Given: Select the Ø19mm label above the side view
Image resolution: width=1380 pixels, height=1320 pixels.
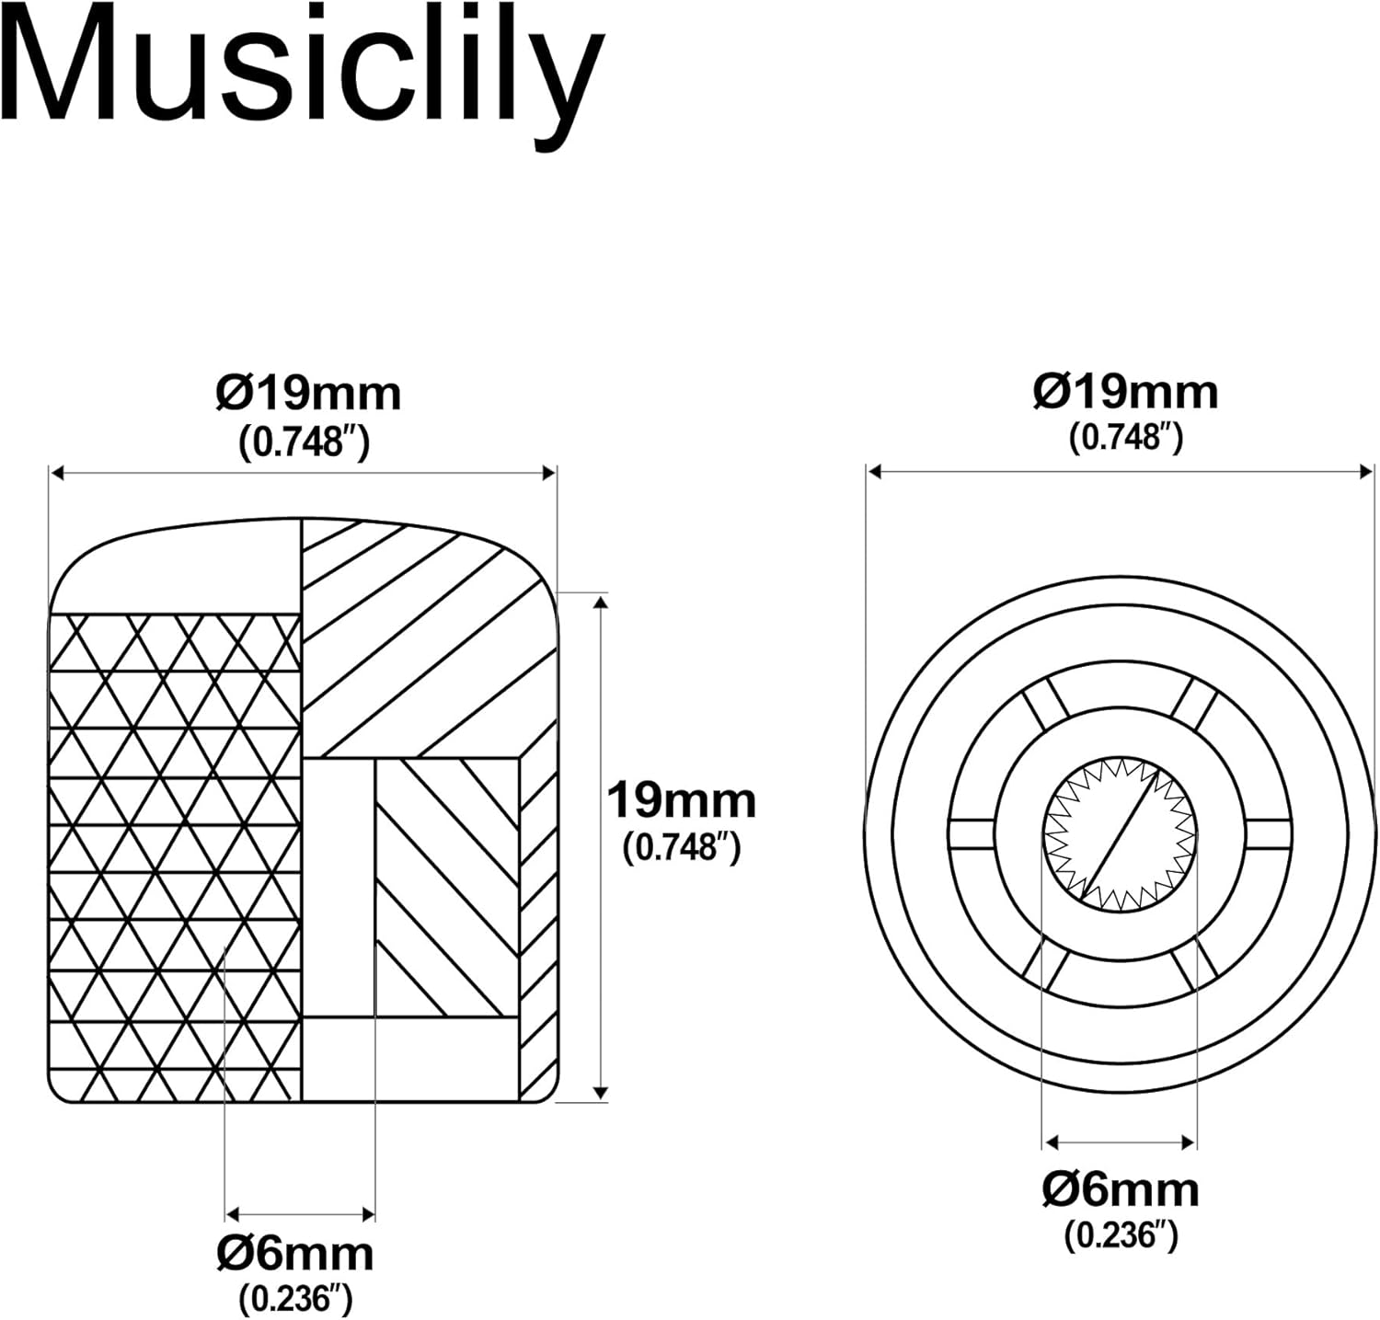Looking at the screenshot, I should (308, 395).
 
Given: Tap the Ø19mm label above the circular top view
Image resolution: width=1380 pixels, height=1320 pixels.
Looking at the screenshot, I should (1125, 392).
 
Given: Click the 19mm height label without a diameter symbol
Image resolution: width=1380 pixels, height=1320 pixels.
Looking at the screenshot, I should (681, 800).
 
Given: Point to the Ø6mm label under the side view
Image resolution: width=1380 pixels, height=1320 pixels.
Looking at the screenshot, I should (295, 1254).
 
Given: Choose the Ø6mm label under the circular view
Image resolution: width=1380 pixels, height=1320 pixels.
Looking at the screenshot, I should (1121, 1190).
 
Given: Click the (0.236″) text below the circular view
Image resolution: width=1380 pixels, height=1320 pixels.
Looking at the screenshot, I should (1121, 1234).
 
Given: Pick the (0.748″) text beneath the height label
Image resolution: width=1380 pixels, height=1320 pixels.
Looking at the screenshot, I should (681, 846).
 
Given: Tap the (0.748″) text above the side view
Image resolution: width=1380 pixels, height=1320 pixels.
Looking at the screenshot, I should (305, 442).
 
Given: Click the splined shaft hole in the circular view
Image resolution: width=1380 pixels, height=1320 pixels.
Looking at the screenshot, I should (1120, 833).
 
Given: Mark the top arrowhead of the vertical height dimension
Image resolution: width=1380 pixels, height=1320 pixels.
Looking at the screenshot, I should (601, 602).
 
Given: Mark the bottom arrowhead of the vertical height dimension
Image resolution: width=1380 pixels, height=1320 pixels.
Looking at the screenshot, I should (601, 1093).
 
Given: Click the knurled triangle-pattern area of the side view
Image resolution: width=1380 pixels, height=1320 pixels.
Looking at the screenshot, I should (175, 855).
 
